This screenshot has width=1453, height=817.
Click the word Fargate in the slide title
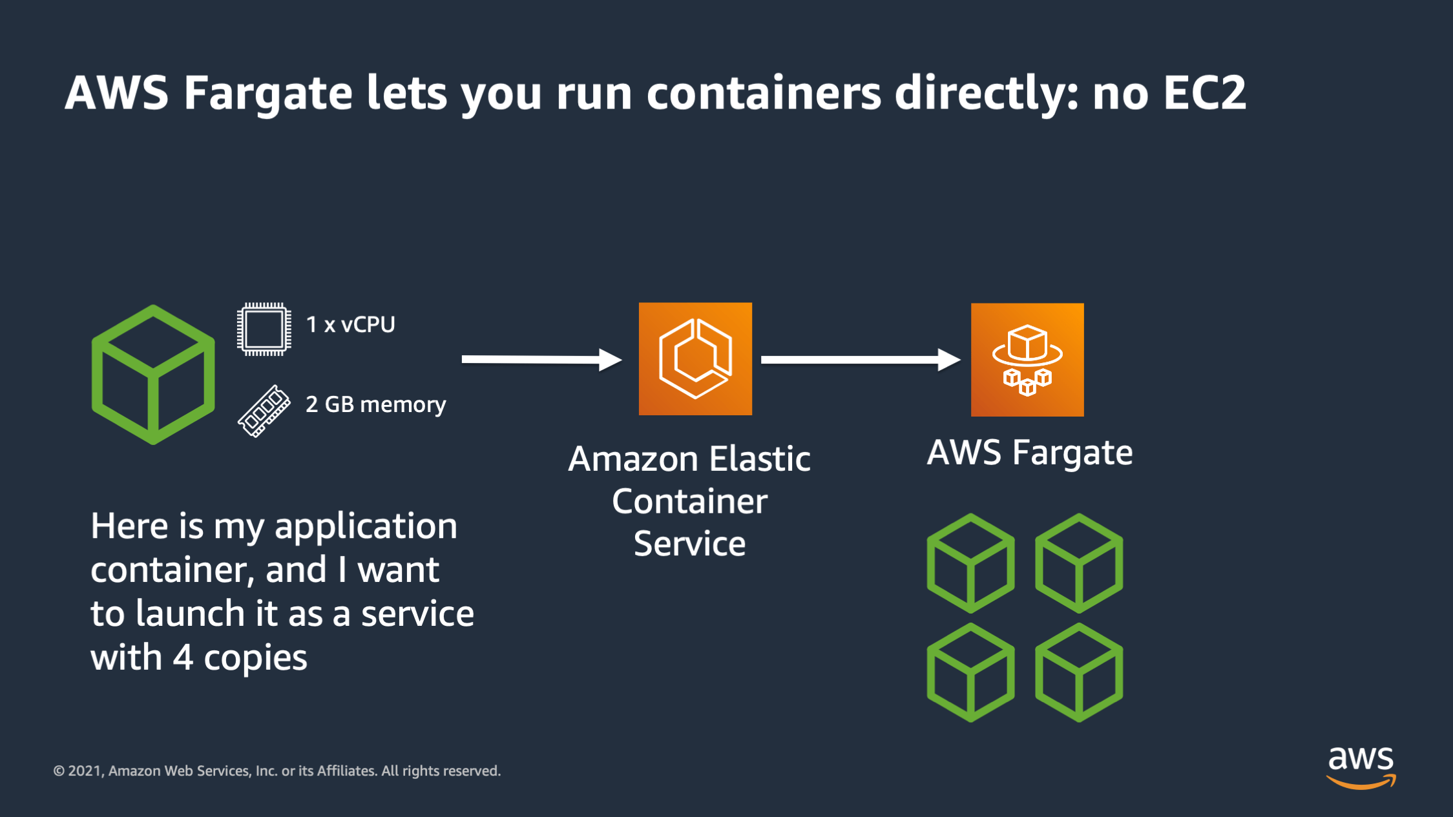[x=267, y=94]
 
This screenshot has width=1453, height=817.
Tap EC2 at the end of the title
[x=1204, y=94]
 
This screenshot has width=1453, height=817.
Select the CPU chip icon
[x=264, y=329]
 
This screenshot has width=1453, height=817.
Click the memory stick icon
[x=264, y=411]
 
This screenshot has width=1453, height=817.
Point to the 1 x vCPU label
[x=350, y=324]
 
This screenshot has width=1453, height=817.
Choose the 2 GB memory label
[x=375, y=404]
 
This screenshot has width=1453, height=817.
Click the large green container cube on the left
[x=153, y=375]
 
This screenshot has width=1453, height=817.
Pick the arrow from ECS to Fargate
[x=860, y=360]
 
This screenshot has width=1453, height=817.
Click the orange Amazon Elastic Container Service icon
[x=695, y=359]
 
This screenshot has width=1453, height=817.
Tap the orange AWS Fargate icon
[x=1027, y=360]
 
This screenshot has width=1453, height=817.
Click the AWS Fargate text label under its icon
[x=1030, y=452]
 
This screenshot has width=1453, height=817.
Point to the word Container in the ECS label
[x=689, y=502]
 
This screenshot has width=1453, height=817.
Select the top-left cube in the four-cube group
[x=970, y=563]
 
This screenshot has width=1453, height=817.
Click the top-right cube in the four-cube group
[x=1079, y=563]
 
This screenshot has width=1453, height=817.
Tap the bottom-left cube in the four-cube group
[x=970, y=672]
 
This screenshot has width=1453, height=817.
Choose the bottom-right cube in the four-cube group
[x=1079, y=672]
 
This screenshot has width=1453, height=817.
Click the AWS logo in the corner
[x=1361, y=767]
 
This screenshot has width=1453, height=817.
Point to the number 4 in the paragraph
[x=183, y=658]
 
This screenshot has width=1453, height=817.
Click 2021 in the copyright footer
[x=85, y=771]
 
